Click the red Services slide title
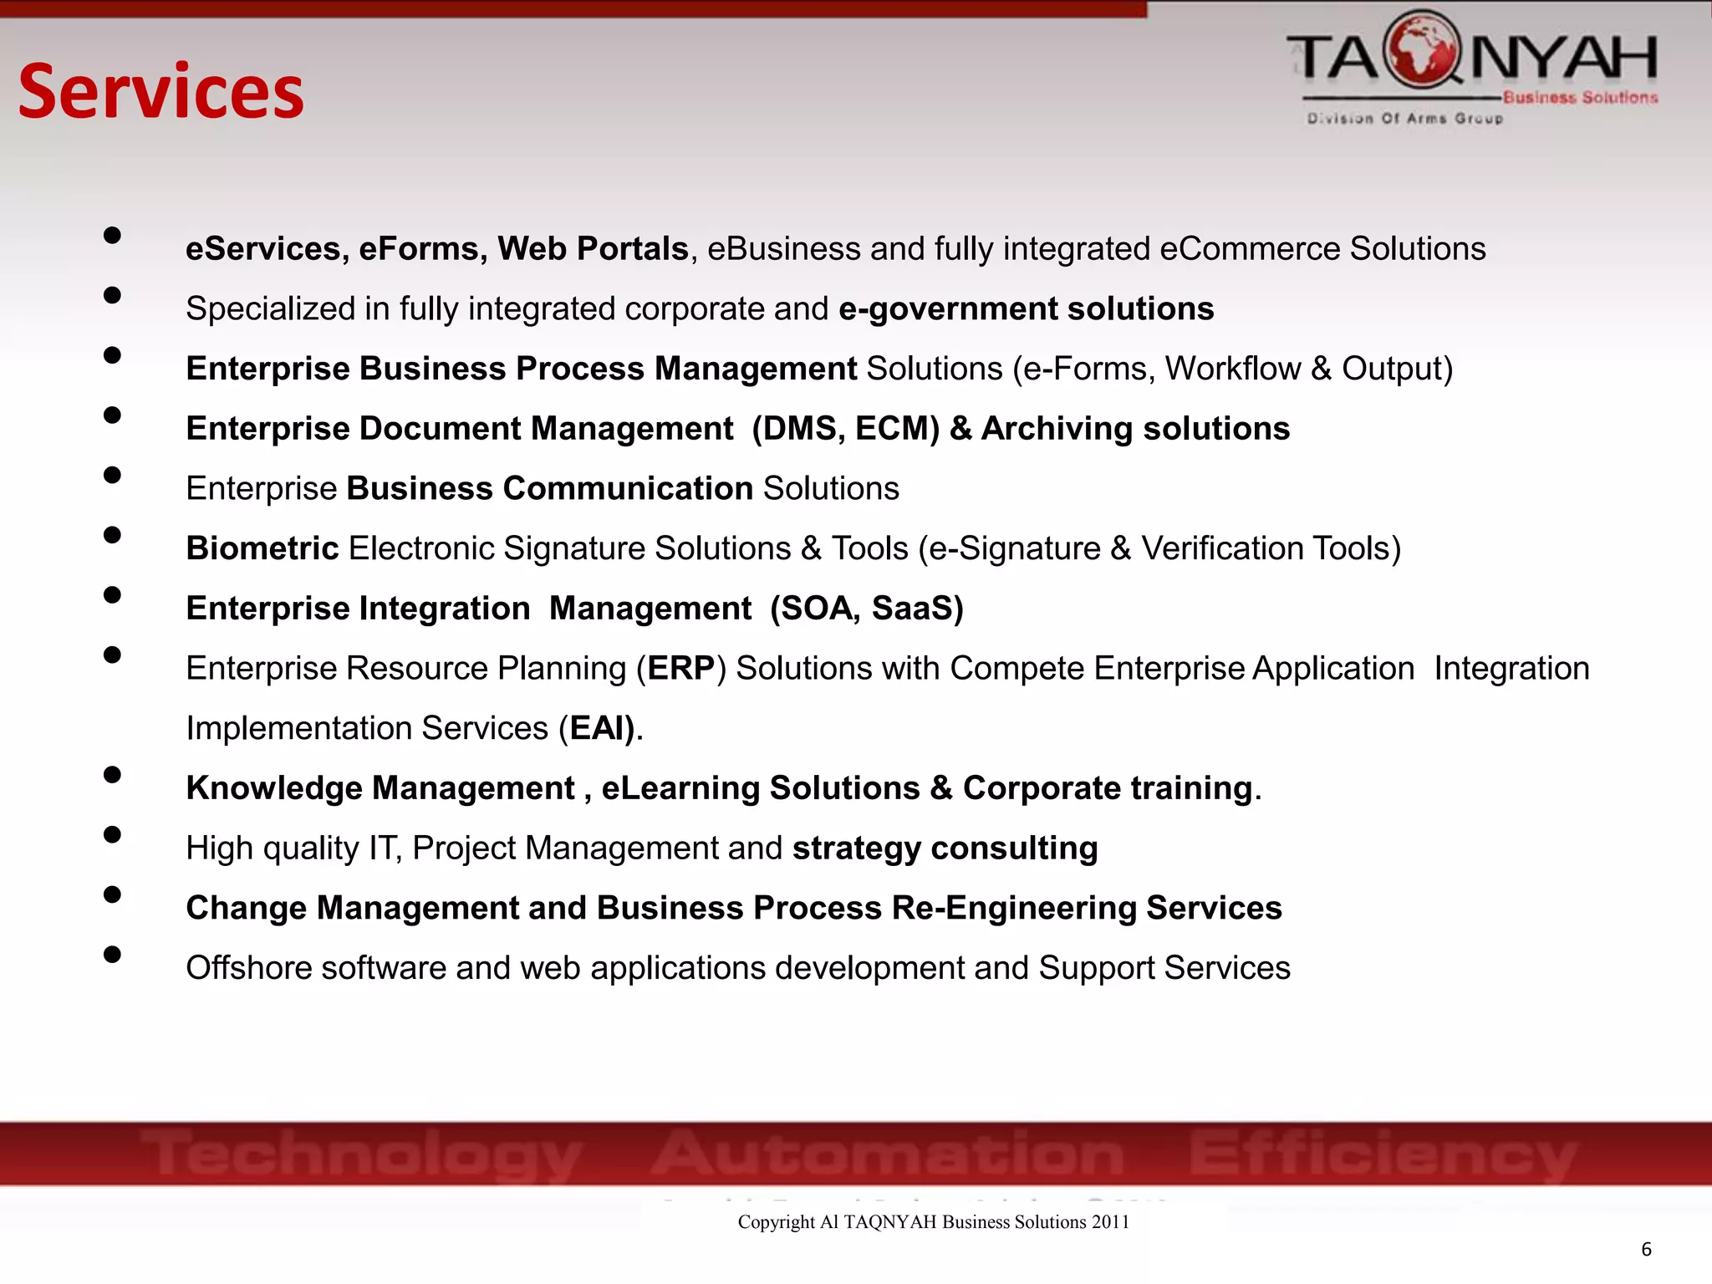[x=161, y=92]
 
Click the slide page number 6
[x=1646, y=1249]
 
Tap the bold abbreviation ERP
[x=680, y=669]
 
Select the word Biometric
[x=262, y=549]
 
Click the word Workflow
[x=1233, y=369]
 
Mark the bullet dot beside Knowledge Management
[x=112, y=775]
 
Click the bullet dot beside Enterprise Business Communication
[x=112, y=475]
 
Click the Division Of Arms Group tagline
[x=1404, y=119]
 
